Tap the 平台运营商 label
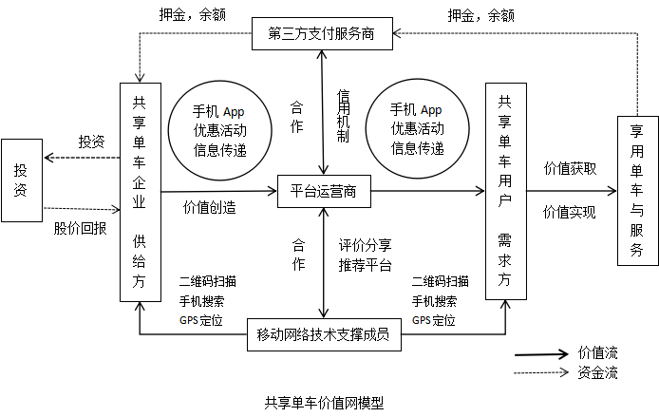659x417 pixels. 323,191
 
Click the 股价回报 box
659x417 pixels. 80,228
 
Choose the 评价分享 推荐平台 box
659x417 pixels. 366,255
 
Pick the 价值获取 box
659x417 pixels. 570,169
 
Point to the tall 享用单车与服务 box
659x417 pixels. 636,190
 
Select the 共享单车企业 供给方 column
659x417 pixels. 140,192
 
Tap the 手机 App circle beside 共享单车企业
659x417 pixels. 219,129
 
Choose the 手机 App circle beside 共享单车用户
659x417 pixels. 417,129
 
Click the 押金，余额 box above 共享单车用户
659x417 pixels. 480,15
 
